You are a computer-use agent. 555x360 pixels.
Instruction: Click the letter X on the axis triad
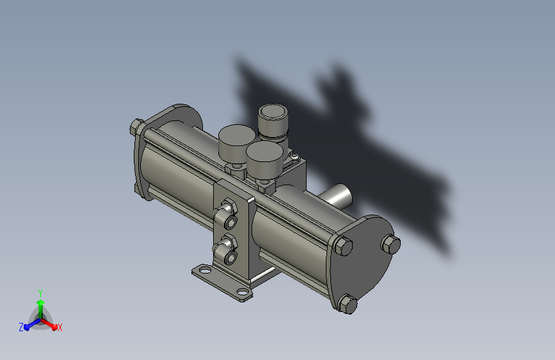(60, 327)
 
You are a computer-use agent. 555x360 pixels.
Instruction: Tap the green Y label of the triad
(40, 293)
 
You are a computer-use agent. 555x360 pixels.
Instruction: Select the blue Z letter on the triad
(21, 327)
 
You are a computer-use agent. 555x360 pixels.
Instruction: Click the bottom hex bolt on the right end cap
(347, 304)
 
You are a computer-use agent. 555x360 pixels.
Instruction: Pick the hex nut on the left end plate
(136, 126)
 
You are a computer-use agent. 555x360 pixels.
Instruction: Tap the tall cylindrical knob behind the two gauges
(273, 122)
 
